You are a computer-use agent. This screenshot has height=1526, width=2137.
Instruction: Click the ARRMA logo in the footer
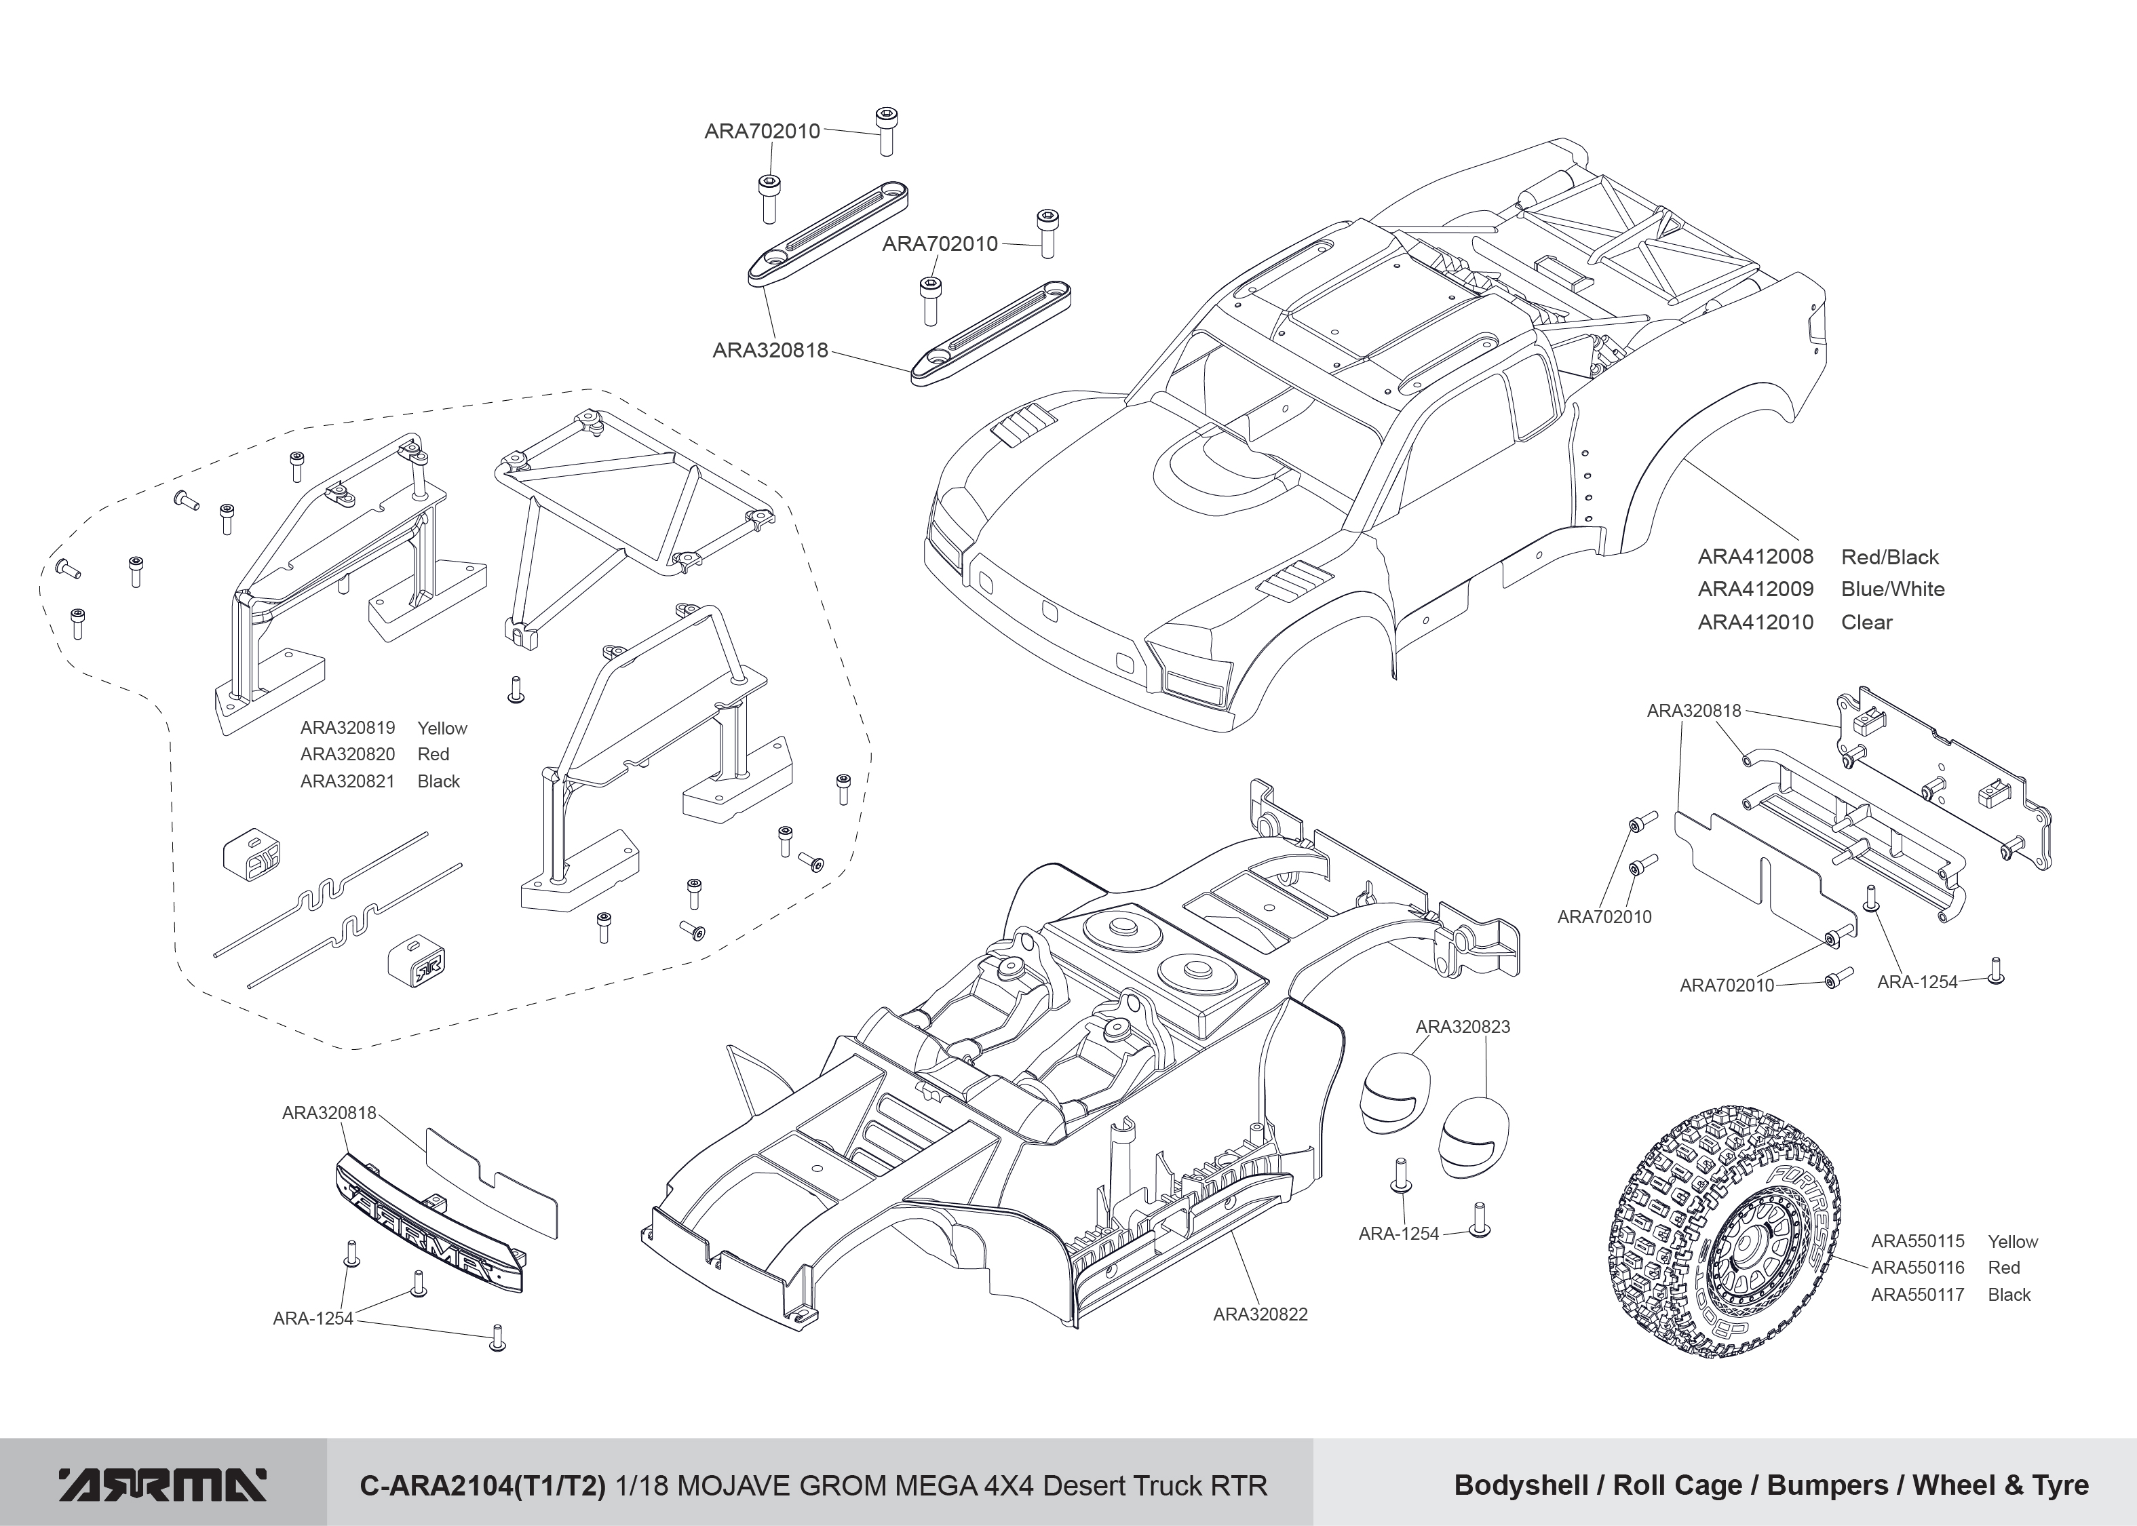point(163,1485)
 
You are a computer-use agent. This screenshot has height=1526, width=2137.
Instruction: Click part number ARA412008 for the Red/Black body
point(1754,557)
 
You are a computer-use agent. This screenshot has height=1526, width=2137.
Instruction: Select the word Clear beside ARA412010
point(1866,622)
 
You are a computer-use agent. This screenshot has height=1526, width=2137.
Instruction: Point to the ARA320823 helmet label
point(1462,1027)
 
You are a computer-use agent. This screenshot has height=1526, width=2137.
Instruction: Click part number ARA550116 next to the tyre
point(1917,1268)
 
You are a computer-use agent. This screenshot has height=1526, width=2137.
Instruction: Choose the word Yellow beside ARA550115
point(2012,1241)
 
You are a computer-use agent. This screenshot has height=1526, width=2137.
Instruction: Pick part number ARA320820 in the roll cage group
point(347,755)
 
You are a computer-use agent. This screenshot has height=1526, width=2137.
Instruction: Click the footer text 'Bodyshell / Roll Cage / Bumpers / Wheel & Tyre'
point(1771,1485)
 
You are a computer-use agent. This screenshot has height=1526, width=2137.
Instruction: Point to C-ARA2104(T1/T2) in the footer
point(483,1485)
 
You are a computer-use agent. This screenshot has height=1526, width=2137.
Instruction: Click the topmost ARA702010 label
point(762,132)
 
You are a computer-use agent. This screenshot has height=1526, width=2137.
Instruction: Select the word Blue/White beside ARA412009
point(1893,589)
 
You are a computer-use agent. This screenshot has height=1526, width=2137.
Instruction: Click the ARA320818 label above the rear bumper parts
point(1693,711)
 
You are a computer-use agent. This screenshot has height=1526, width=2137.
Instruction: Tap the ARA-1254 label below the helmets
point(1398,1234)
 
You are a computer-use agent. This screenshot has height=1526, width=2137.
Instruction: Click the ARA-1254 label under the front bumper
point(313,1318)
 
